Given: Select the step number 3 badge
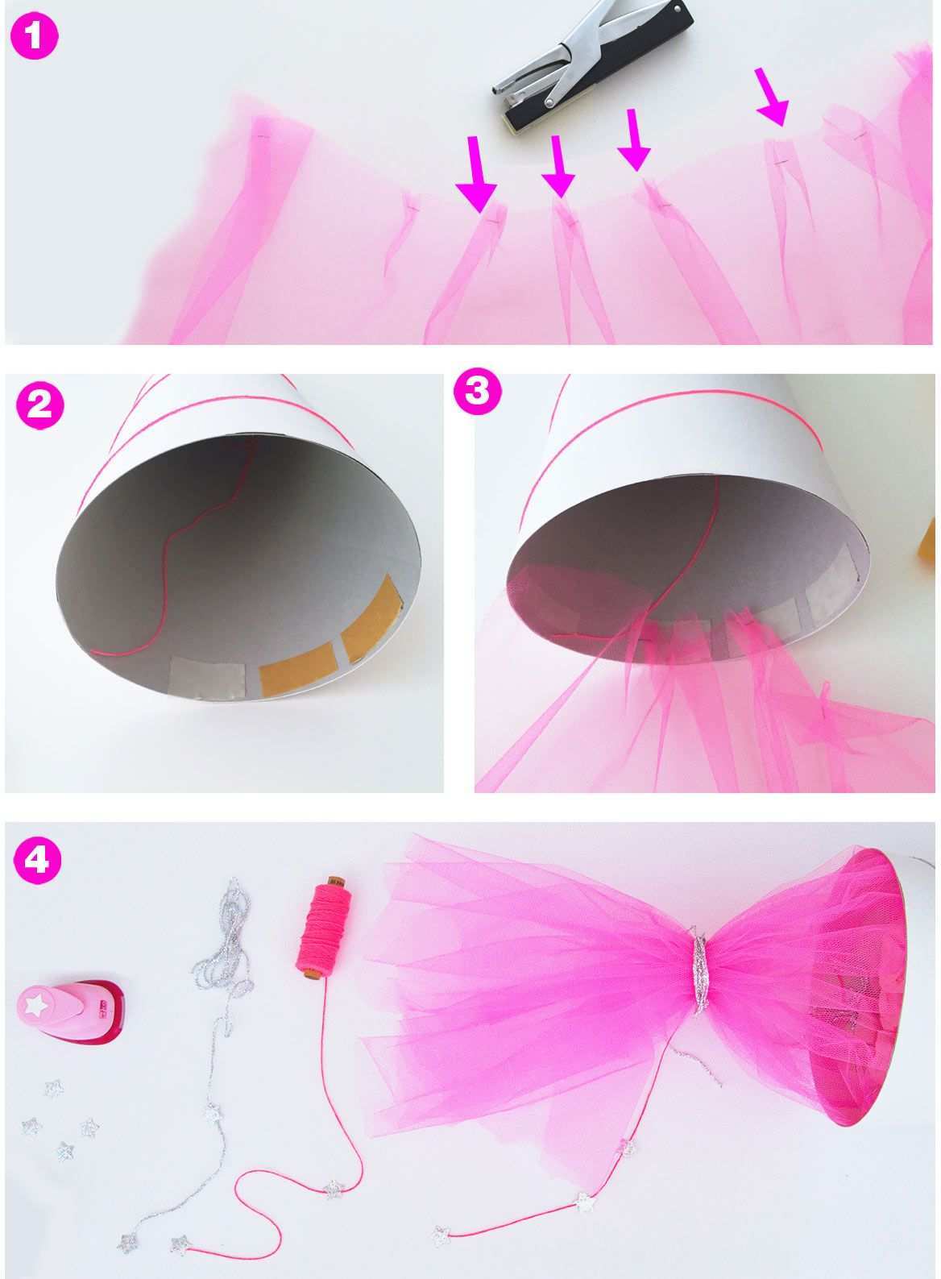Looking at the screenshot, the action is click(x=478, y=392).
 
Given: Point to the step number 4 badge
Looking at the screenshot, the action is click(x=36, y=859).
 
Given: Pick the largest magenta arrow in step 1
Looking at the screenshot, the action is click(x=476, y=174).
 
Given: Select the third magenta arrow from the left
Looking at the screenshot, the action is click(x=633, y=140).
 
